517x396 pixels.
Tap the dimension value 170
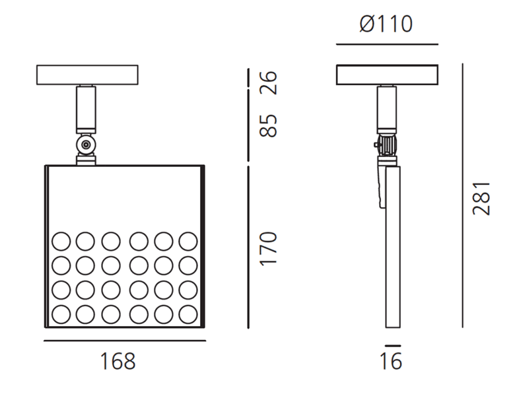pos(268,248)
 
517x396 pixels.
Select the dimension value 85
pos(268,125)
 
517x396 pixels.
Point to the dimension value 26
pos(268,82)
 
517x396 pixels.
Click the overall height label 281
pos(481,197)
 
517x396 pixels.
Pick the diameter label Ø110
pos(386,24)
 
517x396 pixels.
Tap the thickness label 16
pos(392,361)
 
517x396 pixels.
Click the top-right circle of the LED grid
pos(188,240)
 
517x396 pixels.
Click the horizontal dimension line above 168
pos(125,341)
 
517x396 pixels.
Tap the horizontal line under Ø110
pos(387,44)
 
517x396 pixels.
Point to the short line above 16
pos(392,345)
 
